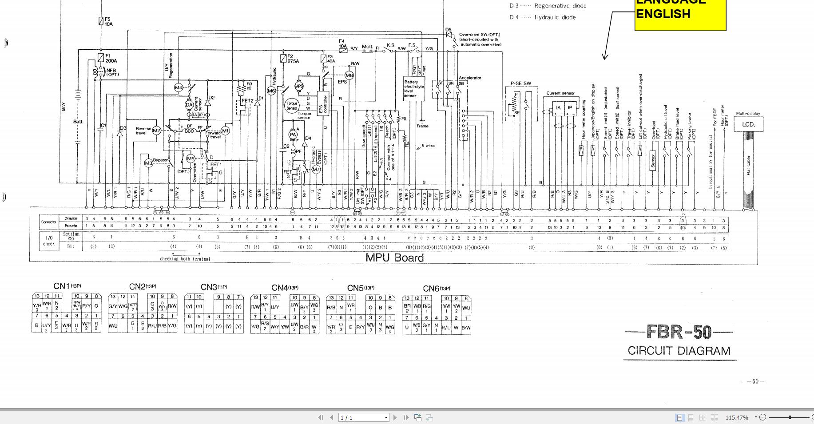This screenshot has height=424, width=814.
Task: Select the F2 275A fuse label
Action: pyautogui.click(x=293, y=59)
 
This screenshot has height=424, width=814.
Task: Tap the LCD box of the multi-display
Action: pyautogui.click(x=748, y=124)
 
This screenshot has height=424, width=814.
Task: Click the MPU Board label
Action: pyautogui.click(x=394, y=258)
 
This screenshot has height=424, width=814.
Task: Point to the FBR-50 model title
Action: pyautogui.click(x=679, y=332)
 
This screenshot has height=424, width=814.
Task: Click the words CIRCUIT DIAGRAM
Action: pyautogui.click(x=679, y=351)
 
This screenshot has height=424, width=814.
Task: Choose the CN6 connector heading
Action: pyautogui.click(x=437, y=289)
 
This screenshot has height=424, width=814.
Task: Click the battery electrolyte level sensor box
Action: pyautogui.click(x=413, y=89)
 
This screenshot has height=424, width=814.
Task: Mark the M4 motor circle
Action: pyautogui.click(x=178, y=87)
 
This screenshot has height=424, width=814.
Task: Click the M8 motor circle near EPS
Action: pyautogui.click(x=349, y=75)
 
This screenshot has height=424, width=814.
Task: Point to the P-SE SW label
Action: pyautogui.click(x=520, y=83)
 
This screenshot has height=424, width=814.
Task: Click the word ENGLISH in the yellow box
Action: pyautogui.click(x=663, y=14)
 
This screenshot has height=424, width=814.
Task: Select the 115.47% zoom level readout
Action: pyautogui.click(x=736, y=417)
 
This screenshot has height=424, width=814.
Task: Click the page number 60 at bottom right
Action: pyautogui.click(x=755, y=381)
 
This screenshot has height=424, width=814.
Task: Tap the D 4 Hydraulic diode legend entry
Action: pyautogui.click(x=542, y=17)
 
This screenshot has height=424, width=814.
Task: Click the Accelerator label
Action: pyautogui.click(x=470, y=78)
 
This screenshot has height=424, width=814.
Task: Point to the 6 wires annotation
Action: pyautogui.click(x=428, y=146)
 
